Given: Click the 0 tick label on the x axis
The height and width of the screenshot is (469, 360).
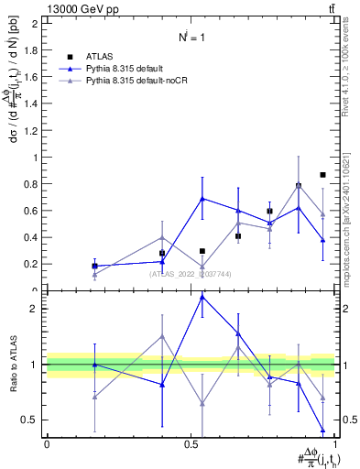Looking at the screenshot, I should [x=47, y=443].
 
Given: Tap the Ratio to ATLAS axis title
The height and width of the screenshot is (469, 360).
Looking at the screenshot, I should [x=16, y=365].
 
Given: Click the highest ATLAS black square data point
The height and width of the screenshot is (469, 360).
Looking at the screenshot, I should [x=322, y=174].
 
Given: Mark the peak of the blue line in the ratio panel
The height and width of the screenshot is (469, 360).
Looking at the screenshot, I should [x=202, y=296].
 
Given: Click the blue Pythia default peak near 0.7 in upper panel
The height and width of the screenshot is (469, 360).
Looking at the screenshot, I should [x=202, y=198].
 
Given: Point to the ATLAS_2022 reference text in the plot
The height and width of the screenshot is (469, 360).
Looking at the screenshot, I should [x=191, y=273].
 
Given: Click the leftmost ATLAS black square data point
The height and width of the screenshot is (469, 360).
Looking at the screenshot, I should [x=94, y=266].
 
